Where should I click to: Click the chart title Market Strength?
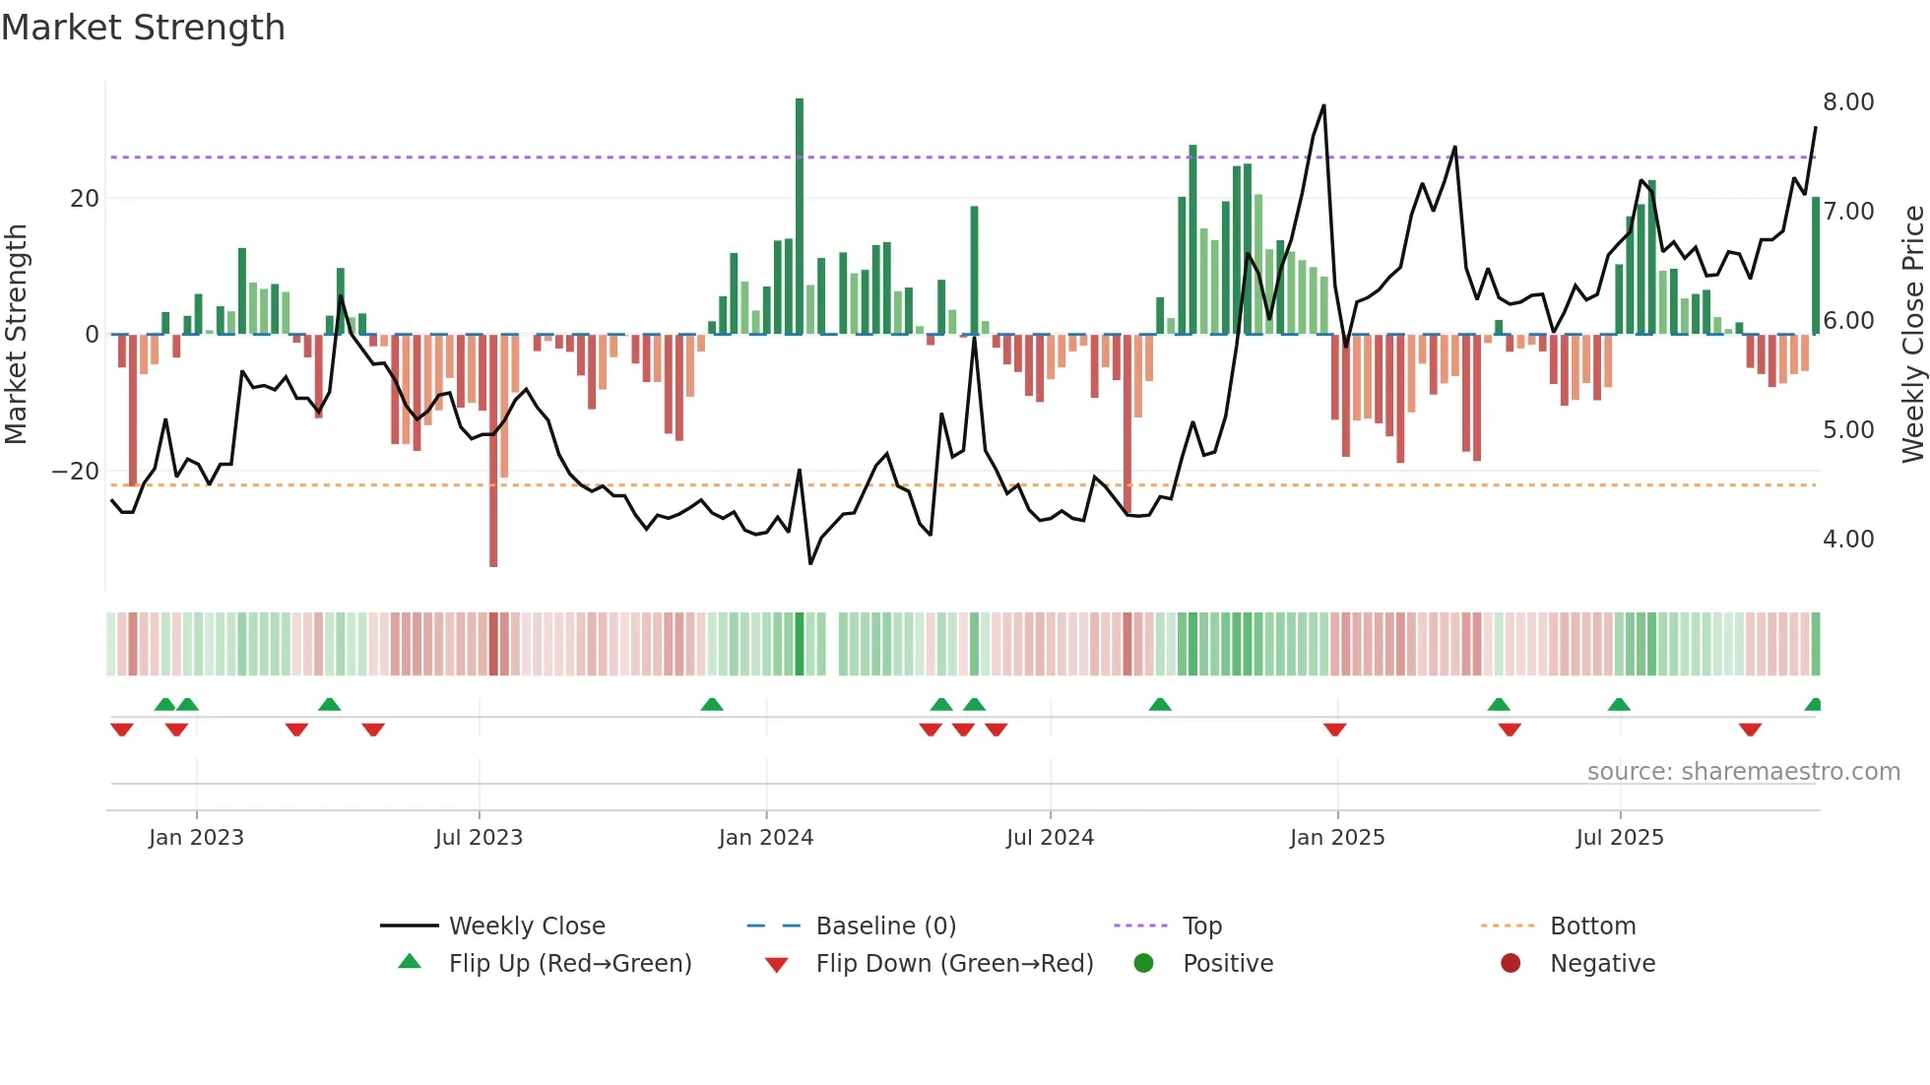point(144,28)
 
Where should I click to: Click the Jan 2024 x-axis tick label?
point(765,838)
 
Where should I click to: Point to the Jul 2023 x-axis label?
point(479,838)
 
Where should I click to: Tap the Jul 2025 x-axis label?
point(1619,838)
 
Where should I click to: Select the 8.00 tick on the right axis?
point(1847,102)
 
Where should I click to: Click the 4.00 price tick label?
point(1847,540)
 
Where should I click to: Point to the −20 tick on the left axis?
point(76,472)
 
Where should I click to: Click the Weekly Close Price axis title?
point(1912,335)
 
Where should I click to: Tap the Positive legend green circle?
point(1143,963)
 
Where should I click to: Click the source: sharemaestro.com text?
point(1743,772)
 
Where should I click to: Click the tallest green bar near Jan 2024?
point(800,217)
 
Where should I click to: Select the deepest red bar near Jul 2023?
point(493,453)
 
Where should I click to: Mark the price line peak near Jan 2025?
point(1323,105)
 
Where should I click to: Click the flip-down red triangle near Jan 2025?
point(1334,730)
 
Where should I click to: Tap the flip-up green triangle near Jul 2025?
point(1619,704)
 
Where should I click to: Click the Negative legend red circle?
point(1511,963)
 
